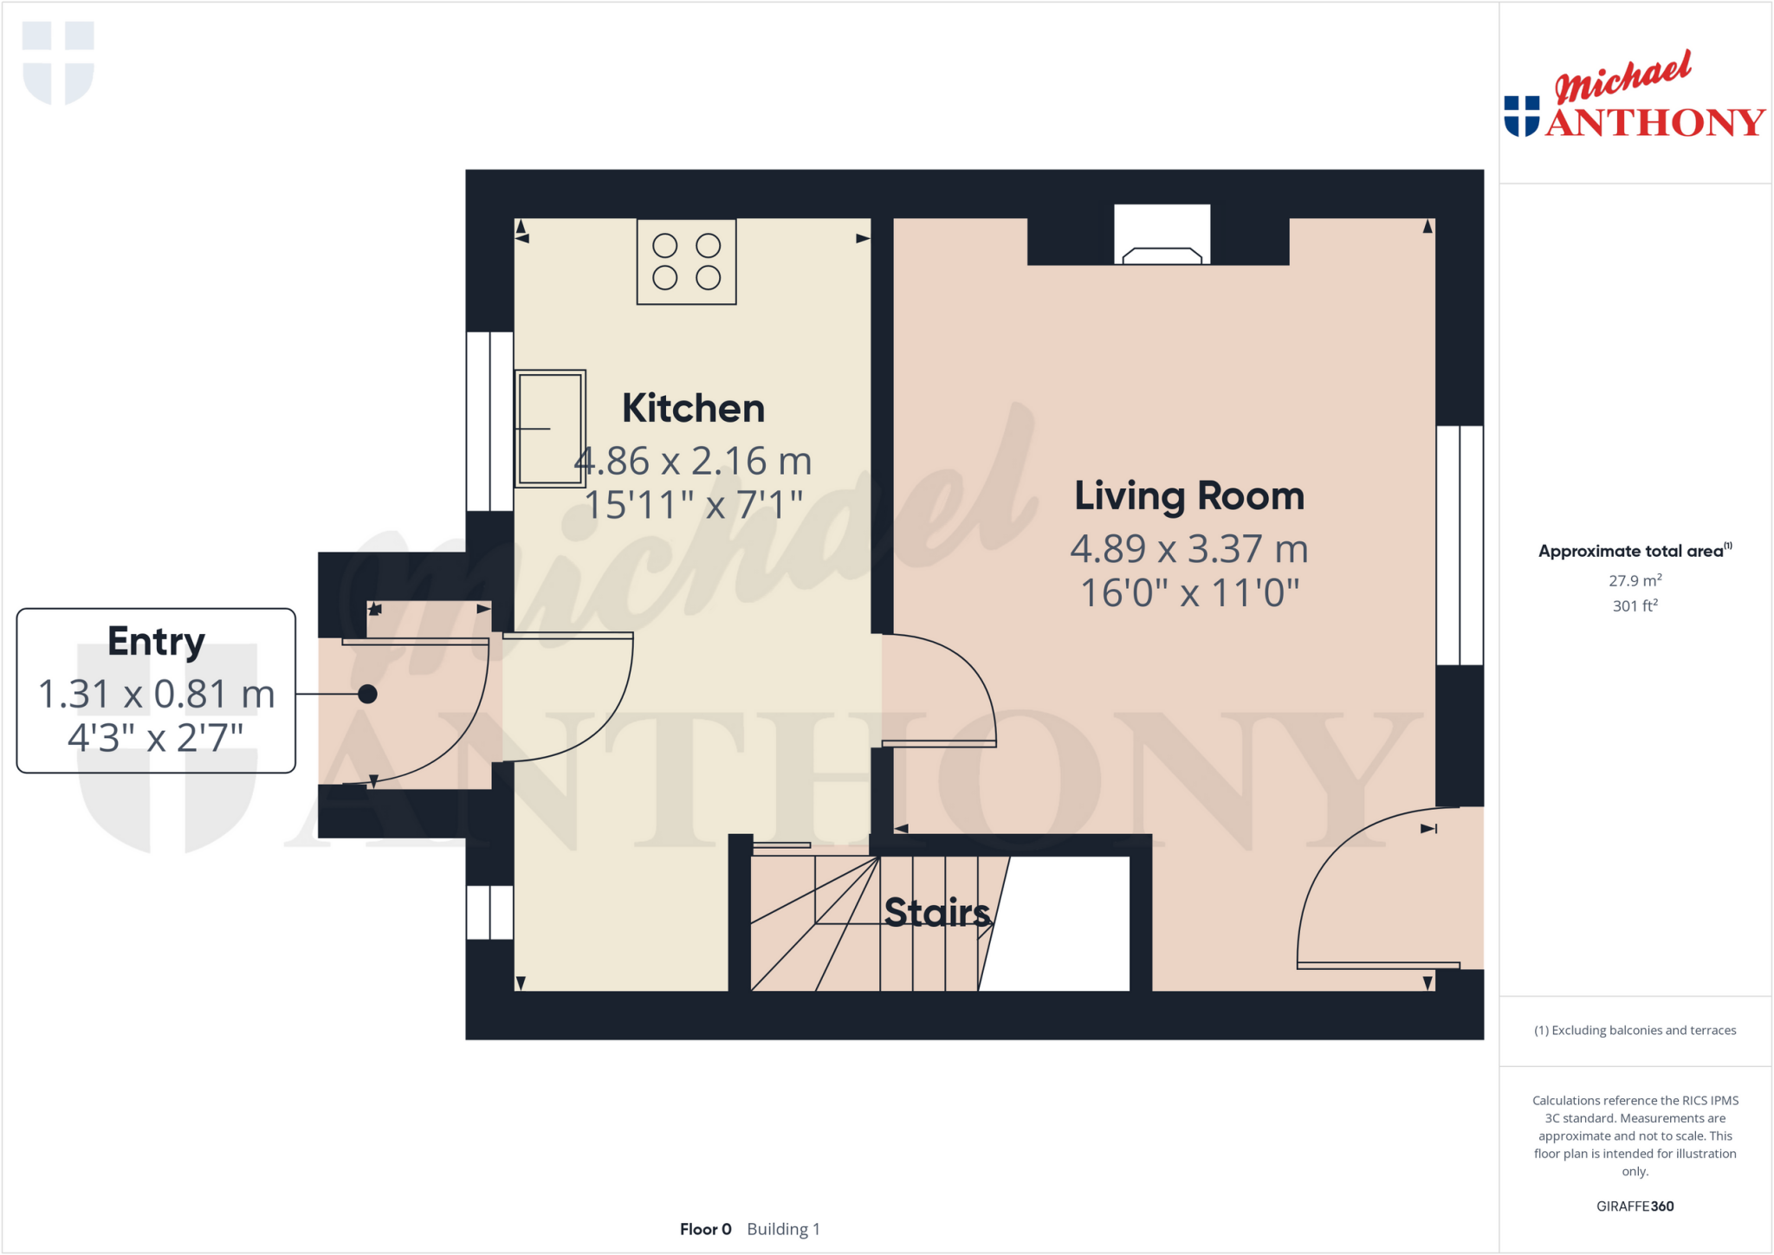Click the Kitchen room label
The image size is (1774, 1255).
[693, 409]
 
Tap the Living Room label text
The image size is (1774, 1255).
[1189, 496]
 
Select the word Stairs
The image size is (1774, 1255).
[936, 912]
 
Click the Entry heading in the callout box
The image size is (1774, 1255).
[156, 642]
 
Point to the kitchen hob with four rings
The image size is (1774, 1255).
[686, 262]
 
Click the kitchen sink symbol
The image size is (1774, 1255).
[550, 429]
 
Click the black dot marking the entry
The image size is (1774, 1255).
[367, 694]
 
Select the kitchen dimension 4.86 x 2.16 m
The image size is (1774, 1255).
[693, 461]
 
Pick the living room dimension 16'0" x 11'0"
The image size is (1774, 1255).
[1189, 593]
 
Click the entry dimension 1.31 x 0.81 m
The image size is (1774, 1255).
[156, 694]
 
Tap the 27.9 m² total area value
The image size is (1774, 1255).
[1635, 580]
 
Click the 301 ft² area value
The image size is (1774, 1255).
[1635, 605]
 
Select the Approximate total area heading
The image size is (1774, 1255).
[1633, 551]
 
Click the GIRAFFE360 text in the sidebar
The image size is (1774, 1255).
[1635, 1206]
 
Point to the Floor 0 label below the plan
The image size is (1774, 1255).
[705, 1229]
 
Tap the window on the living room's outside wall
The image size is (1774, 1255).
[1460, 545]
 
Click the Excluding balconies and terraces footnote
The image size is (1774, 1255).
[1635, 1030]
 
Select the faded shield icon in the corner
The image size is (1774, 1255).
[58, 62]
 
